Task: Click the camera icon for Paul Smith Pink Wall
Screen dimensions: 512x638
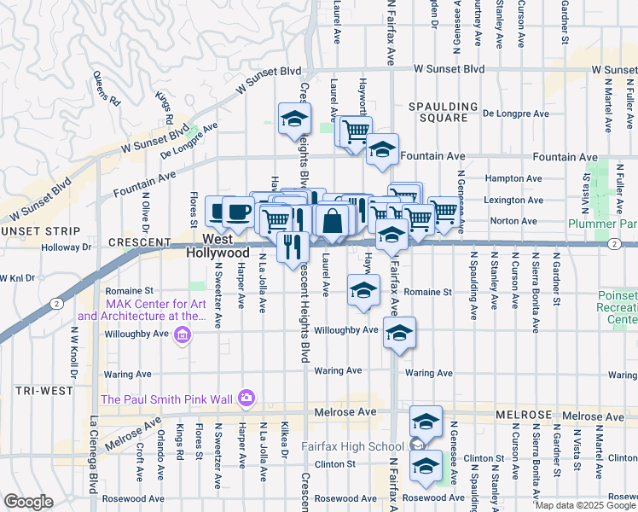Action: (246, 398)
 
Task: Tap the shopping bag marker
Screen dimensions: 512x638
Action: (332, 221)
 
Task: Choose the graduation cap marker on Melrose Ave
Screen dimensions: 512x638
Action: (426, 421)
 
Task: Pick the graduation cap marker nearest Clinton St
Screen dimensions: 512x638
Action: (426, 466)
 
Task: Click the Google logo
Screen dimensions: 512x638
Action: (28, 502)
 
